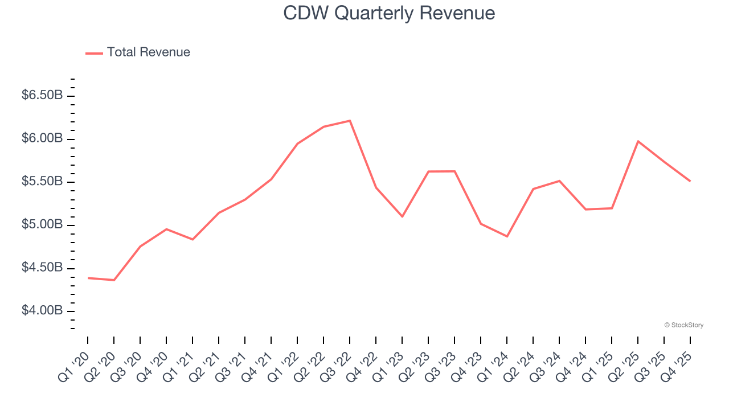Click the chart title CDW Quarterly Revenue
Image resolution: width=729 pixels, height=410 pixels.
389,13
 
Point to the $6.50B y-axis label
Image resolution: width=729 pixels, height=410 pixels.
42,96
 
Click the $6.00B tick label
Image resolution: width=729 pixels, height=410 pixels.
42,139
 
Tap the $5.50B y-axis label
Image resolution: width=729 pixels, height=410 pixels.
42,182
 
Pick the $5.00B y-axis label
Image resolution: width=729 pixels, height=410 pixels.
42,225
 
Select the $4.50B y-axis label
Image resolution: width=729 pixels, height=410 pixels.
42,268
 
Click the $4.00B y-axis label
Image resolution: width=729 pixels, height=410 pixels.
42,311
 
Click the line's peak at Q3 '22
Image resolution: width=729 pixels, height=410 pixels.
350,121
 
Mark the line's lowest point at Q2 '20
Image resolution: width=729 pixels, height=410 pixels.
114,280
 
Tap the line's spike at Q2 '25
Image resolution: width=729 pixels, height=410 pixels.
638,141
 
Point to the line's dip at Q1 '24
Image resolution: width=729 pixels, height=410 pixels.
507,236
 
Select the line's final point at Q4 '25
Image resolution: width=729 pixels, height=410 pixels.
690,181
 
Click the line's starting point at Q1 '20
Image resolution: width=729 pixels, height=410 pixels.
88,278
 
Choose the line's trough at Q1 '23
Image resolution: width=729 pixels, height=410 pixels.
402,216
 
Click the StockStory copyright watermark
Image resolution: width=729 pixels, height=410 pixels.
683,325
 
